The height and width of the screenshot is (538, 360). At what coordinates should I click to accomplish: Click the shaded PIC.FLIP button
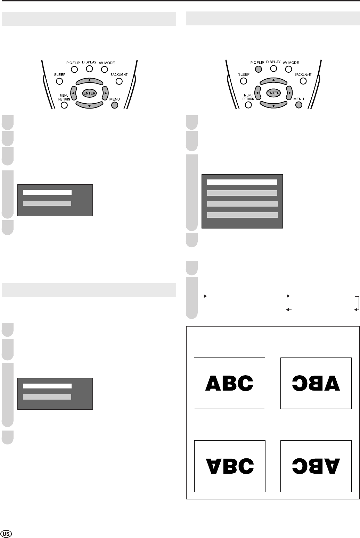[x=258, y=69]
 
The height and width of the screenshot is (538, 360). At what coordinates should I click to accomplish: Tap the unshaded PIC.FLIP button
[x=74, y=69]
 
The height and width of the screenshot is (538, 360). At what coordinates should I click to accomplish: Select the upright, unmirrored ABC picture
[x=229, y=383]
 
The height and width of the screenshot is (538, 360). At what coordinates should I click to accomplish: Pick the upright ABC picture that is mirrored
[x=316, y=383]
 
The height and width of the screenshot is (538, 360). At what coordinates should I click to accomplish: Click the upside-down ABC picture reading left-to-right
[x=229, y=466]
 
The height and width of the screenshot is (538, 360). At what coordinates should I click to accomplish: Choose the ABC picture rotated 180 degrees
[x=316, y=466]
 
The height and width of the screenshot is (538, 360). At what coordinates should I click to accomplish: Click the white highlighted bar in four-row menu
[x=242, y=182]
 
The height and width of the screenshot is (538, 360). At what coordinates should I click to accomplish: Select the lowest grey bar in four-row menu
[x=242, y=215]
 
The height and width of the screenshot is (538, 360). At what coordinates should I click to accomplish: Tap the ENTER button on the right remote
[x=273, y=93]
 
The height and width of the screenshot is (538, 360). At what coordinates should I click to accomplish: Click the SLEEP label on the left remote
[x=59, y=74]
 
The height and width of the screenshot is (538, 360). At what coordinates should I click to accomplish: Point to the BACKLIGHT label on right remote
[x=303, y=74]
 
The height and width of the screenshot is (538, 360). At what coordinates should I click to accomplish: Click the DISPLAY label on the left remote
[x=89, y=62]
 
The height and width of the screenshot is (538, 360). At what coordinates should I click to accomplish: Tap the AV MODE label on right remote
[x=291, y=63]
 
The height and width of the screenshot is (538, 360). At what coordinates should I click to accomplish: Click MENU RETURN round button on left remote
[x=64, y=105]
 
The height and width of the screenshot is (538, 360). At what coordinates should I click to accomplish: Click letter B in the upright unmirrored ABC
[x=229, y=383]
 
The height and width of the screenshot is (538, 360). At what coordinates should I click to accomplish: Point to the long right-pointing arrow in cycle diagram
[x=280, y=296]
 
